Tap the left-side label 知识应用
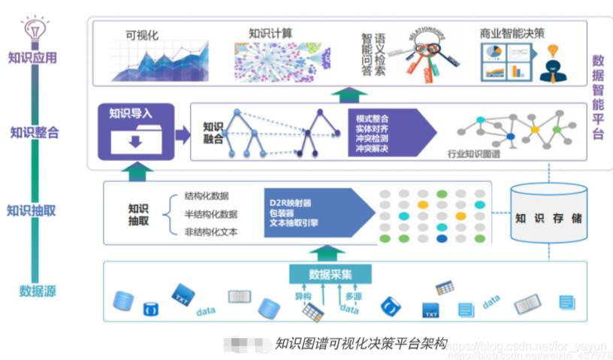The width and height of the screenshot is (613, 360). click(x=32, y=58)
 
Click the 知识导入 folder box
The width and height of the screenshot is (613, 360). click(x=135, y=132)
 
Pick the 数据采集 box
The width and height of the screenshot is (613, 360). click(x=330, y=274)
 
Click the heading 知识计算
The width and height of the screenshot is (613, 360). click(x=271, y=34)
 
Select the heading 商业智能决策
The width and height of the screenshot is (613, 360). click(x=512, y=34)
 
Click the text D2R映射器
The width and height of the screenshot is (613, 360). click(x=291, y=202)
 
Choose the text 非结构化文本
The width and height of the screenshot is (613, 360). click(x=211, y=231)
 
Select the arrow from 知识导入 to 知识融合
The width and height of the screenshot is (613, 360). click(x=183, y=135)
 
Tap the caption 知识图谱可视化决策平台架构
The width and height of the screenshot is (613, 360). click(x=361, y=343)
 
